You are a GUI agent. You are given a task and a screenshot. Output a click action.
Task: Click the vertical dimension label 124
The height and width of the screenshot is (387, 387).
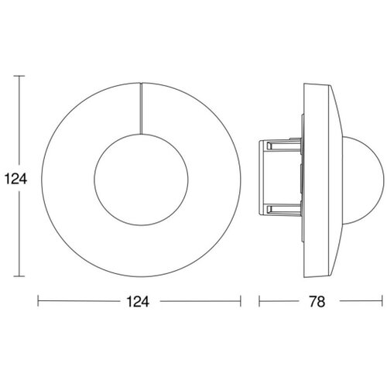(x=15, y=179)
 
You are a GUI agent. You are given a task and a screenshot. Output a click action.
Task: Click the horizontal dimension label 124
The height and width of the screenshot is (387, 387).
(x=138, y=301)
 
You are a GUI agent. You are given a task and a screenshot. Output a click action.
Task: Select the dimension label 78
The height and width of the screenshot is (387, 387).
(x=317, y=301)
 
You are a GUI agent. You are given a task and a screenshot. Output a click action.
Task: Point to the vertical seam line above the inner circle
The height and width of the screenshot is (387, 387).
(x=141, y=108)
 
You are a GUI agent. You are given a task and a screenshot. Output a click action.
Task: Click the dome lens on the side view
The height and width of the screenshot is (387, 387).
(x=383, y=180)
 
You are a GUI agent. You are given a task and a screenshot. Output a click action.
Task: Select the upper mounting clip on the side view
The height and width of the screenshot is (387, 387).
(x=284, y=146)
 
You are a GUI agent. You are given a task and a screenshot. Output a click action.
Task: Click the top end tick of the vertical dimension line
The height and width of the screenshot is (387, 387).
(x=19, y=76)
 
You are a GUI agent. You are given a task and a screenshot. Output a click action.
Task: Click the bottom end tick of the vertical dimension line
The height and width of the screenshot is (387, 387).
(x=19, y=276)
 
